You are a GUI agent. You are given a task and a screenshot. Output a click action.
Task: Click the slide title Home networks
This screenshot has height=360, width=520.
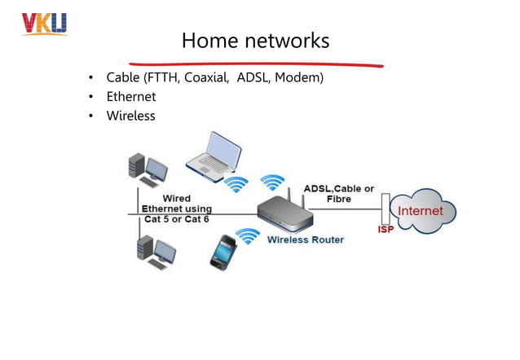(x=255, y=40)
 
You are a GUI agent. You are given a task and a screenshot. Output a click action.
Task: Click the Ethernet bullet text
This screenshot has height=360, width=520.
(x=130, y=97)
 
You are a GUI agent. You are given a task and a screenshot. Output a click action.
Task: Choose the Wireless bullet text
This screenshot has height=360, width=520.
(x=130, y=116)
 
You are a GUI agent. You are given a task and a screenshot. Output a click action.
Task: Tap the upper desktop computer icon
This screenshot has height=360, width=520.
(x=147, y=169)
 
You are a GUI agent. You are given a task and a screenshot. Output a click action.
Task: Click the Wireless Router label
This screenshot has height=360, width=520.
(x=306, y=240)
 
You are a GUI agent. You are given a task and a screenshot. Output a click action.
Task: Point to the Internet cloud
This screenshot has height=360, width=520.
(x=421, y=212)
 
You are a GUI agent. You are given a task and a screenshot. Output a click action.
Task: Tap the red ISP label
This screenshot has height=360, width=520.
(x=386, y=230)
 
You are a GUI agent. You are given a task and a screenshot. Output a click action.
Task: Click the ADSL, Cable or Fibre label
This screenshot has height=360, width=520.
(x=338, y=194)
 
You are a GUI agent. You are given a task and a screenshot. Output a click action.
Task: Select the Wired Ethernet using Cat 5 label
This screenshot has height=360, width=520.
(x=177, y=209)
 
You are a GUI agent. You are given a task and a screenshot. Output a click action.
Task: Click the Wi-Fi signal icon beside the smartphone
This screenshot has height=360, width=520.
(x=247, y=235)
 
